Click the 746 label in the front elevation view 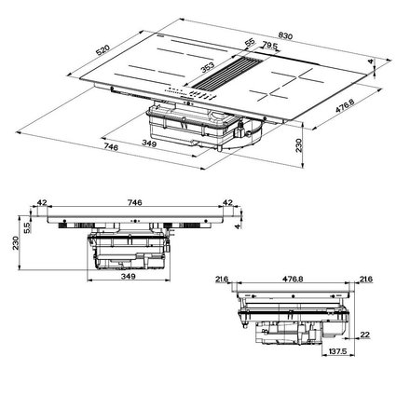[x=134, y=202]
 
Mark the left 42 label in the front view [x=43, y=202]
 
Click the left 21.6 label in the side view [x=221, y=279]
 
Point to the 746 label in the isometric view [x=85, y=147]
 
